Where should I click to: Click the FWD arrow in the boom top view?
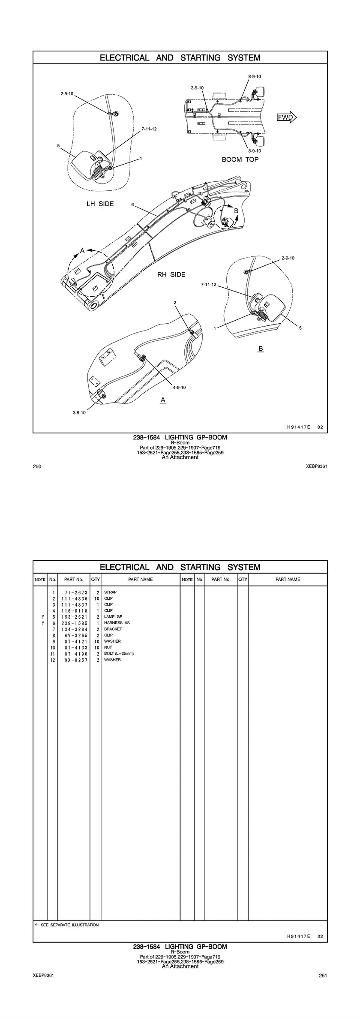[287, 117]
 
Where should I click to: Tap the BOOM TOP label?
[240, 159]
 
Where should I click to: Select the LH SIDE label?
[100, 204]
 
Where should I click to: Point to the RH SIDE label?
[171, 274]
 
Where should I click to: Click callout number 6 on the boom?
[133, 205]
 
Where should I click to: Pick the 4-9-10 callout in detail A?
[180, 388]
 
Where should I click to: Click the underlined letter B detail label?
[260, 349]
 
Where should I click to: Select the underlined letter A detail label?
[163, 400]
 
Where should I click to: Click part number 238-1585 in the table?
[74, 623]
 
